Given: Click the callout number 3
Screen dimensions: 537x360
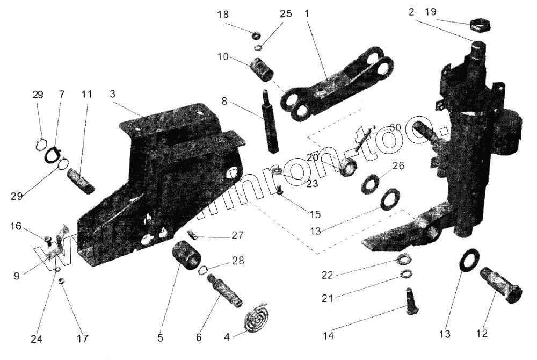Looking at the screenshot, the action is click(x=112, y=93).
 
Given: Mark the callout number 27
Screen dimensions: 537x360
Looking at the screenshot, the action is click(x=237, y=235).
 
